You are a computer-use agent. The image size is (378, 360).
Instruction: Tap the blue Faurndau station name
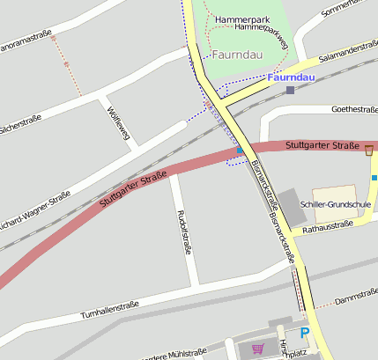tap(290, 77)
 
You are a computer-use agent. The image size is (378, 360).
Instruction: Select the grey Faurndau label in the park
tap(237, 54)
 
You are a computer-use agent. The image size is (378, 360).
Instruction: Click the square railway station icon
tap(290, 90)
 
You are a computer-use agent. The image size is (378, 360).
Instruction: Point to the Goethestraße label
tap(353, 109)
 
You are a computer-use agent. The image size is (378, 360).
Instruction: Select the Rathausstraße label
tap(327, 225)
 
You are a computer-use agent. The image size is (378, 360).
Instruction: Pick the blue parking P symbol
tap(305, 333)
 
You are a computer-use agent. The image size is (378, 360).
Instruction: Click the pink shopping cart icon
tap(257, 349)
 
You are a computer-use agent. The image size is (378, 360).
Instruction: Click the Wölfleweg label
tap(117, 123)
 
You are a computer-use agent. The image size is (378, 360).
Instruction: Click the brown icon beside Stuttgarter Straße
tap(368, 151)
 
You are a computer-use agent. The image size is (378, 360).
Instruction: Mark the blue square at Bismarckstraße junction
tap(240, 151)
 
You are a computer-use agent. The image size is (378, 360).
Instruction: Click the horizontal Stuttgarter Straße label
tap(322, 144)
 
